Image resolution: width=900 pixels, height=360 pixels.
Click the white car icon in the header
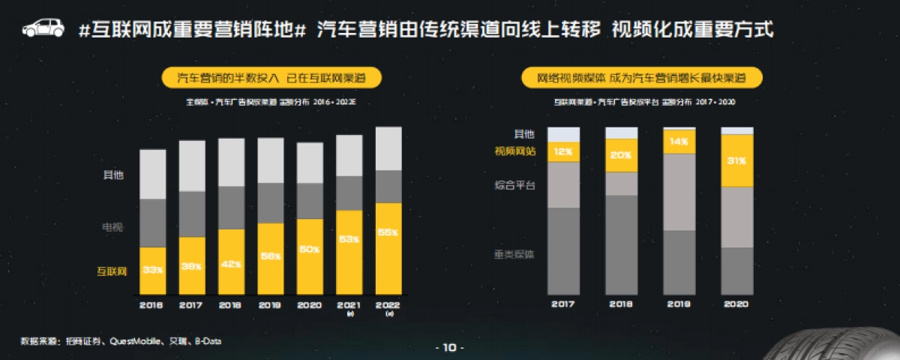(x=43, y=28)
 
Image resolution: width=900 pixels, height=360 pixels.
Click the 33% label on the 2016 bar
(x=153, y=270)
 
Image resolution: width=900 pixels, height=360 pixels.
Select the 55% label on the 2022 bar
(x=388, y=233)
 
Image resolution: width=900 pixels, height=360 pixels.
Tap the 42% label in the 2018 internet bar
(x=231, y=263)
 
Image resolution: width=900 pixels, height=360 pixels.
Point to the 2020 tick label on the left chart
(x=310, y=304)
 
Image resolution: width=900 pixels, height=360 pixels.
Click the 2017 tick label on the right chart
(x=562, y=304)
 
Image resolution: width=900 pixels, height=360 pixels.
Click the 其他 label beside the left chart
(x=112, y=175)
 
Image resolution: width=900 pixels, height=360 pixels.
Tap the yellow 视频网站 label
(x=514, y=151)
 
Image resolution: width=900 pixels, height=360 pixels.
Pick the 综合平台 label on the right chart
(x=514, y=184)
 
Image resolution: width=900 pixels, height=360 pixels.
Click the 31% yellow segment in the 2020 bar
(x=736, y=160)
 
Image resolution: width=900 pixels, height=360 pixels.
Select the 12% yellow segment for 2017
(x=562, y=151)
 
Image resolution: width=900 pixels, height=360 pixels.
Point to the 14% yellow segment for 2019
(x=679, y=141)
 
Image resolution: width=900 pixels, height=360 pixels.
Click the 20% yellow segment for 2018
(x=621, y=155)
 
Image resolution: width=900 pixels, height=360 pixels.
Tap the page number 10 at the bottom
(x=449, y=347)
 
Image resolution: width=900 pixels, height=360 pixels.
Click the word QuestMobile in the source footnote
(x=136, y=341)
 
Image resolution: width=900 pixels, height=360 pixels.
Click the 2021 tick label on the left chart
(x=349, y=304)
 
